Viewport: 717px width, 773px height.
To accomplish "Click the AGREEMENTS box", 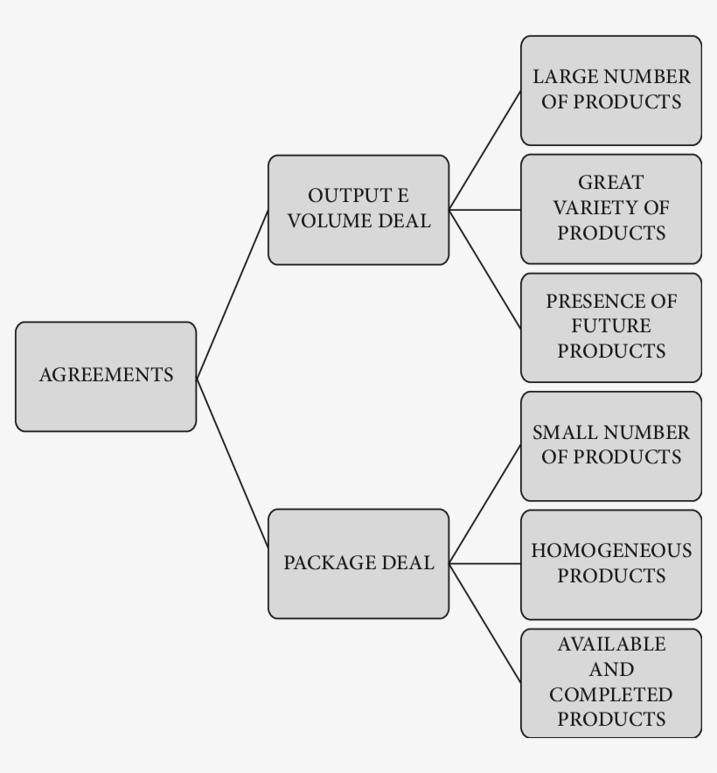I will (106, 376).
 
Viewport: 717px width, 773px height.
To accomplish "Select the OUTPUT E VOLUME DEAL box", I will (358, 210).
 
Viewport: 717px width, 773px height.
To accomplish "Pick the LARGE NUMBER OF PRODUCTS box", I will (611, 90).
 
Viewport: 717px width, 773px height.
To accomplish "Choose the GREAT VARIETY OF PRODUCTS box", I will (611, 209).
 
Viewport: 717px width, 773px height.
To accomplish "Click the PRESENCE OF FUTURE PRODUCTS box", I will (611, 327).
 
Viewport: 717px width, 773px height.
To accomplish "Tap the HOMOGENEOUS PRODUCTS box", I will (611, 564).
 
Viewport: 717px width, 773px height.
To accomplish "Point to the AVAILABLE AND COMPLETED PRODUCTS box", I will (611, 682).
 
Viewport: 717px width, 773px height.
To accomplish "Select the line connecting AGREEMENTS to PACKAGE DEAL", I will (232, 463).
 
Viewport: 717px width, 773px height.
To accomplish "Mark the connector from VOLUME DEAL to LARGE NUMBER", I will (485, 150).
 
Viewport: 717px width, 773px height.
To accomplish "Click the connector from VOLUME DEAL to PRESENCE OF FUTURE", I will (485, 269).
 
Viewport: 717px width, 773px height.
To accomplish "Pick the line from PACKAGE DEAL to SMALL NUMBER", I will (485, 504).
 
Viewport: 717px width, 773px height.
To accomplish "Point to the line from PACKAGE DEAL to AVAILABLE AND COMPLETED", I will (485, 623).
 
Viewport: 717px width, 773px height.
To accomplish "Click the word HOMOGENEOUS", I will (611, 552).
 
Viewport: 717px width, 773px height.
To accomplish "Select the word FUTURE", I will (611, 326).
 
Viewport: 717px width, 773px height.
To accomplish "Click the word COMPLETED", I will (611, 695).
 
